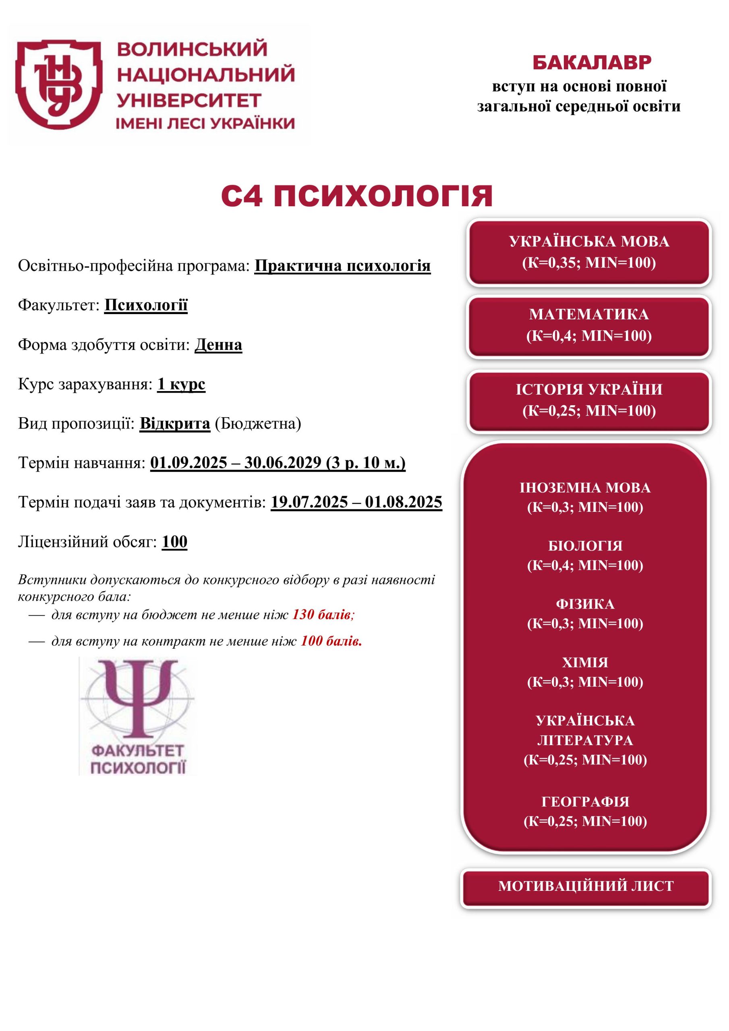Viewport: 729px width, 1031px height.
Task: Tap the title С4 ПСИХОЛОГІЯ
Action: click(x=357, y=196)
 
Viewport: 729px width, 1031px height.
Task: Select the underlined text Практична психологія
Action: click(x=342, y=266)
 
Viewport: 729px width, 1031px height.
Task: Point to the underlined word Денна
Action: click(x=218, y=345)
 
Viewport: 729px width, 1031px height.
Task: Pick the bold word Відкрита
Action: click(x=175, y=423)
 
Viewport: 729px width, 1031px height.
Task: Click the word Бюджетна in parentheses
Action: click(x=257, y=423)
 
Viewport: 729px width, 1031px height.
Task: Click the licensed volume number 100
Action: click(x=174, y=542)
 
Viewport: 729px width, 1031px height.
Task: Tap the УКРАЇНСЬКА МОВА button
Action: click(x=589, y=252)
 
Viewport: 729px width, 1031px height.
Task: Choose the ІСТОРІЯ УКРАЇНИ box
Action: click(x=589, y=400)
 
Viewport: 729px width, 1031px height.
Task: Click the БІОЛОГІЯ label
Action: click(x=585, y=546)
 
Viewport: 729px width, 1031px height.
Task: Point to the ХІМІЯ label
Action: click(x=585, y=663)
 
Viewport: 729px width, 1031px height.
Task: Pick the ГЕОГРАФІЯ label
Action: click(x=585, y=802)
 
